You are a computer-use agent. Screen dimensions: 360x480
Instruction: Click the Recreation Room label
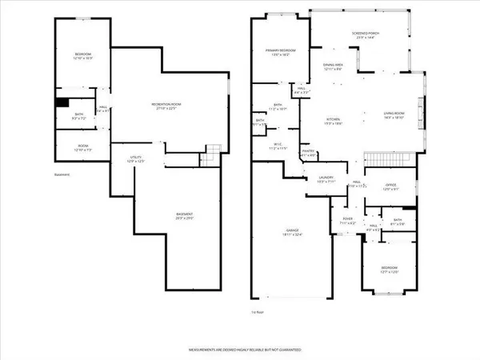pos(168,106)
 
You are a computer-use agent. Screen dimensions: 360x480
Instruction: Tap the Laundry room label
pos(326,179)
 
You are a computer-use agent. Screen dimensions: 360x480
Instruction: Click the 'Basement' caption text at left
pos(62,174)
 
